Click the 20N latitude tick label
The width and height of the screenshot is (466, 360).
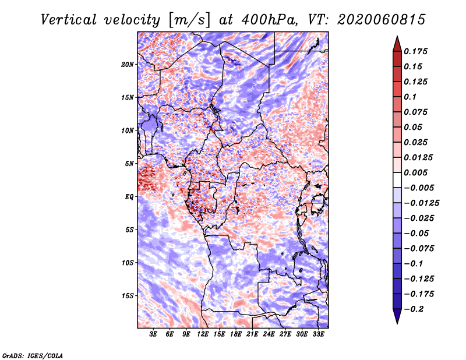coord(128,64)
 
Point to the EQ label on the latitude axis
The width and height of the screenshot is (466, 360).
coord(129,197)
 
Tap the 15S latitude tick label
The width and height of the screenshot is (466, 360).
coord(128,296)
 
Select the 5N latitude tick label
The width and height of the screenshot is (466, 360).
coord(129,164)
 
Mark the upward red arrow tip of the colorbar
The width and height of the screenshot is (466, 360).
coord(397,37)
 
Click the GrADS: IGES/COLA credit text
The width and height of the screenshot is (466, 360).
coord(32,355)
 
